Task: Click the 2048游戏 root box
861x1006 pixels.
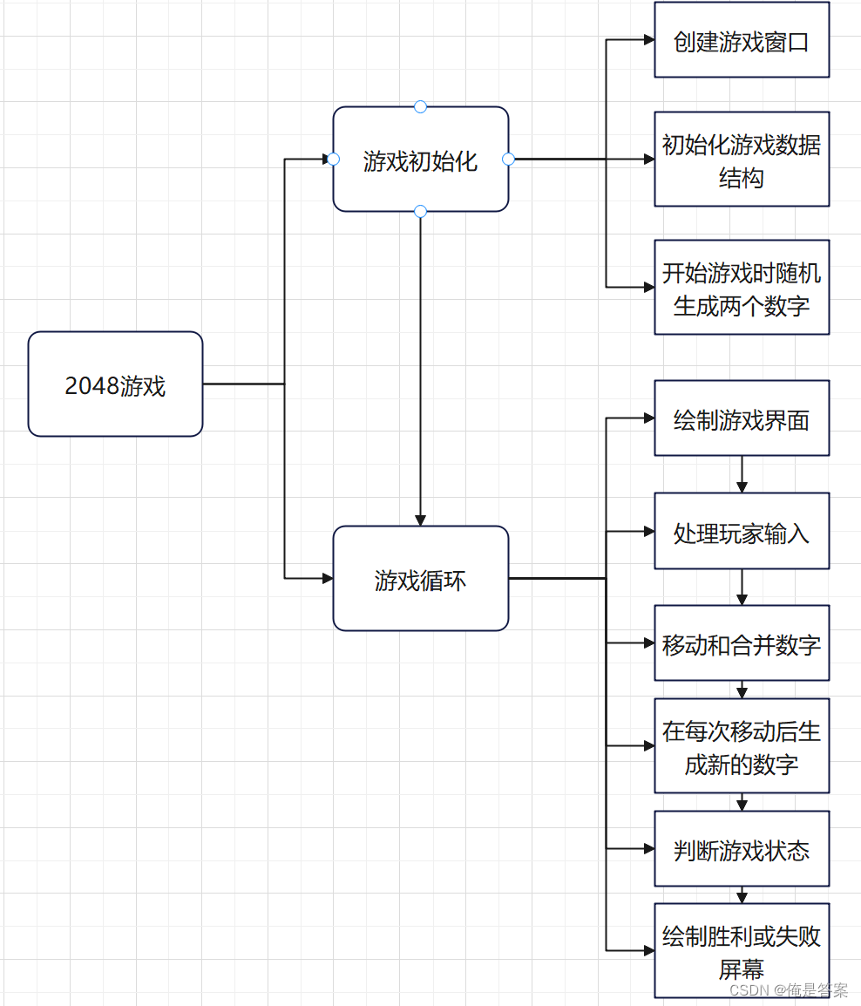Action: tap(115, 384)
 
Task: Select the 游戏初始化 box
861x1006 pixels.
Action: tap(420, 160)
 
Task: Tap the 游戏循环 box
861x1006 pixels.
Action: tap(420, 578)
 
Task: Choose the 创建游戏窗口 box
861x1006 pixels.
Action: tap(742, 40)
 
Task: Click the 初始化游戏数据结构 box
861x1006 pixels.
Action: tap(742, 160)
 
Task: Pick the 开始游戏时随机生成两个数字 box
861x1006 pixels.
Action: tap(742, 288)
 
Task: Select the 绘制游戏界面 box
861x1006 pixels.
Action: tap(742, 418)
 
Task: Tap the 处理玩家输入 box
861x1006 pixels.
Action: tap(742, 531)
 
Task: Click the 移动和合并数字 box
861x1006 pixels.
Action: tap(742, 643)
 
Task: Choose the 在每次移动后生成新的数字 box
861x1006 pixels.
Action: tap(742, 746)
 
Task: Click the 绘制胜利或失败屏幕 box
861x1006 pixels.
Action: tap(742, 951)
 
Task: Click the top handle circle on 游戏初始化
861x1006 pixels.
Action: tap(420, 106)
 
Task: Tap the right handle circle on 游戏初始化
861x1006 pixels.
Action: tap(509, 160)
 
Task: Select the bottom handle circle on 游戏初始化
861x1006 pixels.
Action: tap(420, 211)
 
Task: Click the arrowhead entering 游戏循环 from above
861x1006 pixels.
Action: tap(420, 520)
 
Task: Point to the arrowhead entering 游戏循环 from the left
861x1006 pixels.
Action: tap(328, 578)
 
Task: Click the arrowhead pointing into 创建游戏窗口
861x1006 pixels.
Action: tap(648, 40)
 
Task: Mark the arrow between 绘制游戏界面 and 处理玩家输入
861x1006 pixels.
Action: tap(742, 475)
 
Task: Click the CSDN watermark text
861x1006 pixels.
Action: tap(788, 990)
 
